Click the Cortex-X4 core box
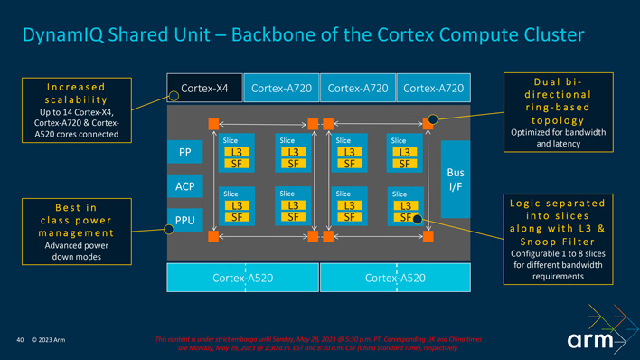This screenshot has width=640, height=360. coord(204,88)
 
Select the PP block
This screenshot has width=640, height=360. coord(184,153)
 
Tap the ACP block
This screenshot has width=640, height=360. coord(184,186)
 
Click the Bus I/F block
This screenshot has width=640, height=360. coord(456,179)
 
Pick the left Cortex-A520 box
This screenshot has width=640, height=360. coord(242,278)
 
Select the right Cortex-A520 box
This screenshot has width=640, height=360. coord(395,278)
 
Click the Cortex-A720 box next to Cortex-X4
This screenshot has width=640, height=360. coord(280,88)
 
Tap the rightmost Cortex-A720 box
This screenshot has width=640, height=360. coord(433,88)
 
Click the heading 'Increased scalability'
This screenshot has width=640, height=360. coord(76,92)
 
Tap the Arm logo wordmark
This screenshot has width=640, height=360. coord(591,341)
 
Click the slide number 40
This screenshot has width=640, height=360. coord(21,341)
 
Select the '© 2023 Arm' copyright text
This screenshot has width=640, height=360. coord(49,341)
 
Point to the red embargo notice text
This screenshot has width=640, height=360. coord(319,343)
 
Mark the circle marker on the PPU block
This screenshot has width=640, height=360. coord(168,229)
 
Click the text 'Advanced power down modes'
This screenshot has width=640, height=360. coord(76,251)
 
